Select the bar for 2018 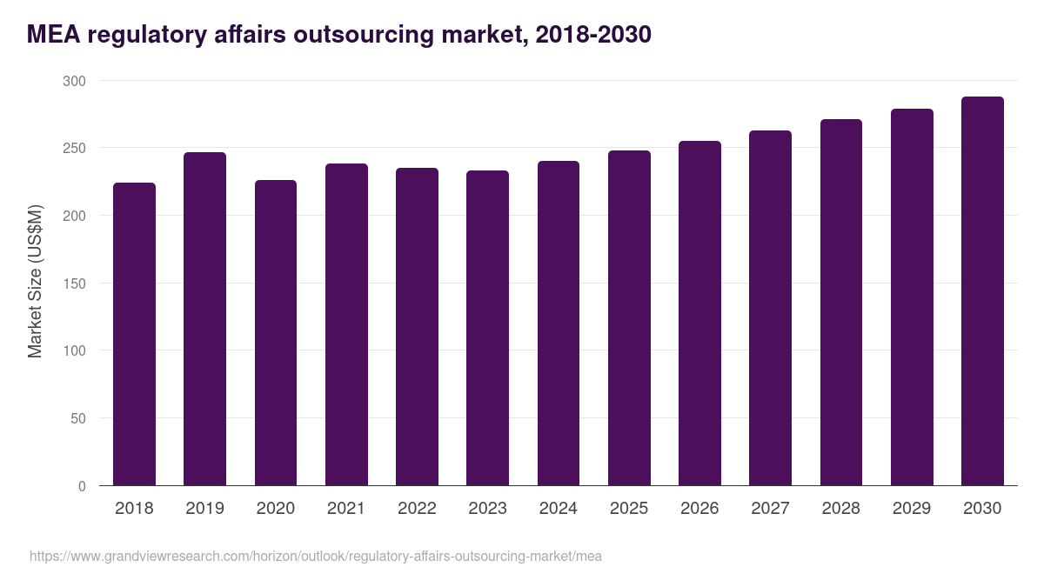[134, 335]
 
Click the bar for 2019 [204, 319]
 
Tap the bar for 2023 [487, 329]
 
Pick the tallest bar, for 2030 [982, 291]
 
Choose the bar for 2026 [699, 313]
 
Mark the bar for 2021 [346, 324]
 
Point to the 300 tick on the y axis [76, 81]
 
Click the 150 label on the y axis [76, 283]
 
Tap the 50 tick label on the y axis [79, 418]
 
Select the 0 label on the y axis [83, 486]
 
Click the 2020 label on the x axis [275, 509]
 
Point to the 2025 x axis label [629, 509]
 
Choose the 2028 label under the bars [841, 509]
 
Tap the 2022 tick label [417, 509]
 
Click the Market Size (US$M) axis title [35, 283]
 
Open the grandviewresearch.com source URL [316, 556]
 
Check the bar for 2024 [559, 324]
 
